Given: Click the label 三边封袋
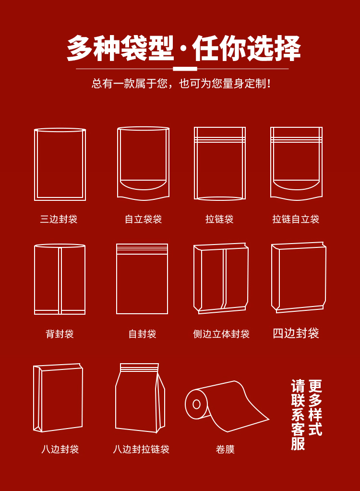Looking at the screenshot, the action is (59, 219).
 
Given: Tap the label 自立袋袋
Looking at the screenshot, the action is (143, 219).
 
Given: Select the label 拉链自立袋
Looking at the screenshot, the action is (296, 219).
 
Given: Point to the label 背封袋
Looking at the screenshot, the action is (60, 334).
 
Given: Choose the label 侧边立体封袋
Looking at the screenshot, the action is (221, 334).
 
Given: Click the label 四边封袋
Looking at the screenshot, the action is (296, 333).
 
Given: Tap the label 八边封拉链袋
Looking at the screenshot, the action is (141, 449).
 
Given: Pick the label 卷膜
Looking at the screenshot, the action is (225, 449).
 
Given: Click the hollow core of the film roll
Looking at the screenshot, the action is (196, 404).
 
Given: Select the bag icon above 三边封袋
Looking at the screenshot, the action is (35, 164).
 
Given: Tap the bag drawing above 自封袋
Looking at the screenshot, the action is (117, 279).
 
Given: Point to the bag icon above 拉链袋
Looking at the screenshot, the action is (194, 163).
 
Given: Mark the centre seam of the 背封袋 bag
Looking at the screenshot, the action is (60, 280).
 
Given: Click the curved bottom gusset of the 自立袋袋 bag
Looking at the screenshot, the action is (143, 189).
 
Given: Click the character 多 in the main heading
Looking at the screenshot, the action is (80, 48).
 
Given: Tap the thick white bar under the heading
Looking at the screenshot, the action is (185, 69).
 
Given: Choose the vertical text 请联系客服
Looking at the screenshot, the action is (298, 415).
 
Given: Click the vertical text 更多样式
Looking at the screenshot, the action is (315, 407).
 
